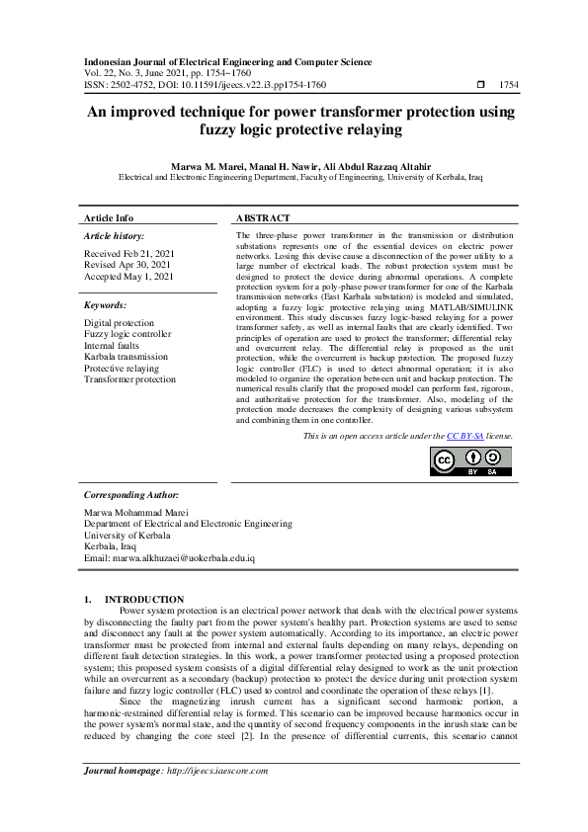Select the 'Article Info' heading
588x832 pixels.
tap(109, 217)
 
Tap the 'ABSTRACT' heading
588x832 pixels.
tap(263, 217)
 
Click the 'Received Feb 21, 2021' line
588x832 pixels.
tap(128, 254)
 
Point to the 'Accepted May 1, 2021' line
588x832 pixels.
tap(128, 277)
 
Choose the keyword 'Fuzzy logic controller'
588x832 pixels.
tap(126, 334)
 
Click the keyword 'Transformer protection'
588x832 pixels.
tap(129, 378)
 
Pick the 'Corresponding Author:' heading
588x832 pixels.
tap(130, 493)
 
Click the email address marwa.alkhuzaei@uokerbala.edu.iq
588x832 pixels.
tap(169, 557)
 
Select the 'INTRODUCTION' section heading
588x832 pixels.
tap(143, 600)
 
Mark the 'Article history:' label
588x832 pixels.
tap(114, 237)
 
